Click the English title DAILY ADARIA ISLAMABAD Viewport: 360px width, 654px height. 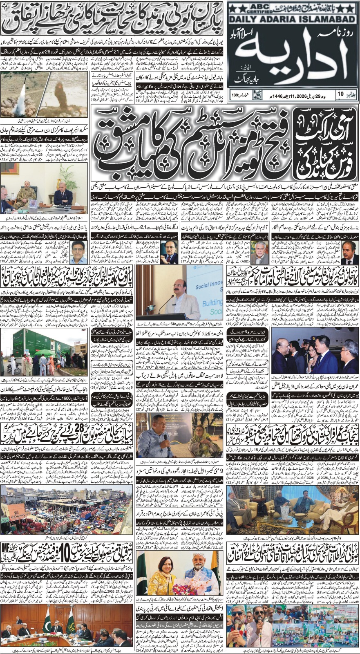(291, 19)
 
